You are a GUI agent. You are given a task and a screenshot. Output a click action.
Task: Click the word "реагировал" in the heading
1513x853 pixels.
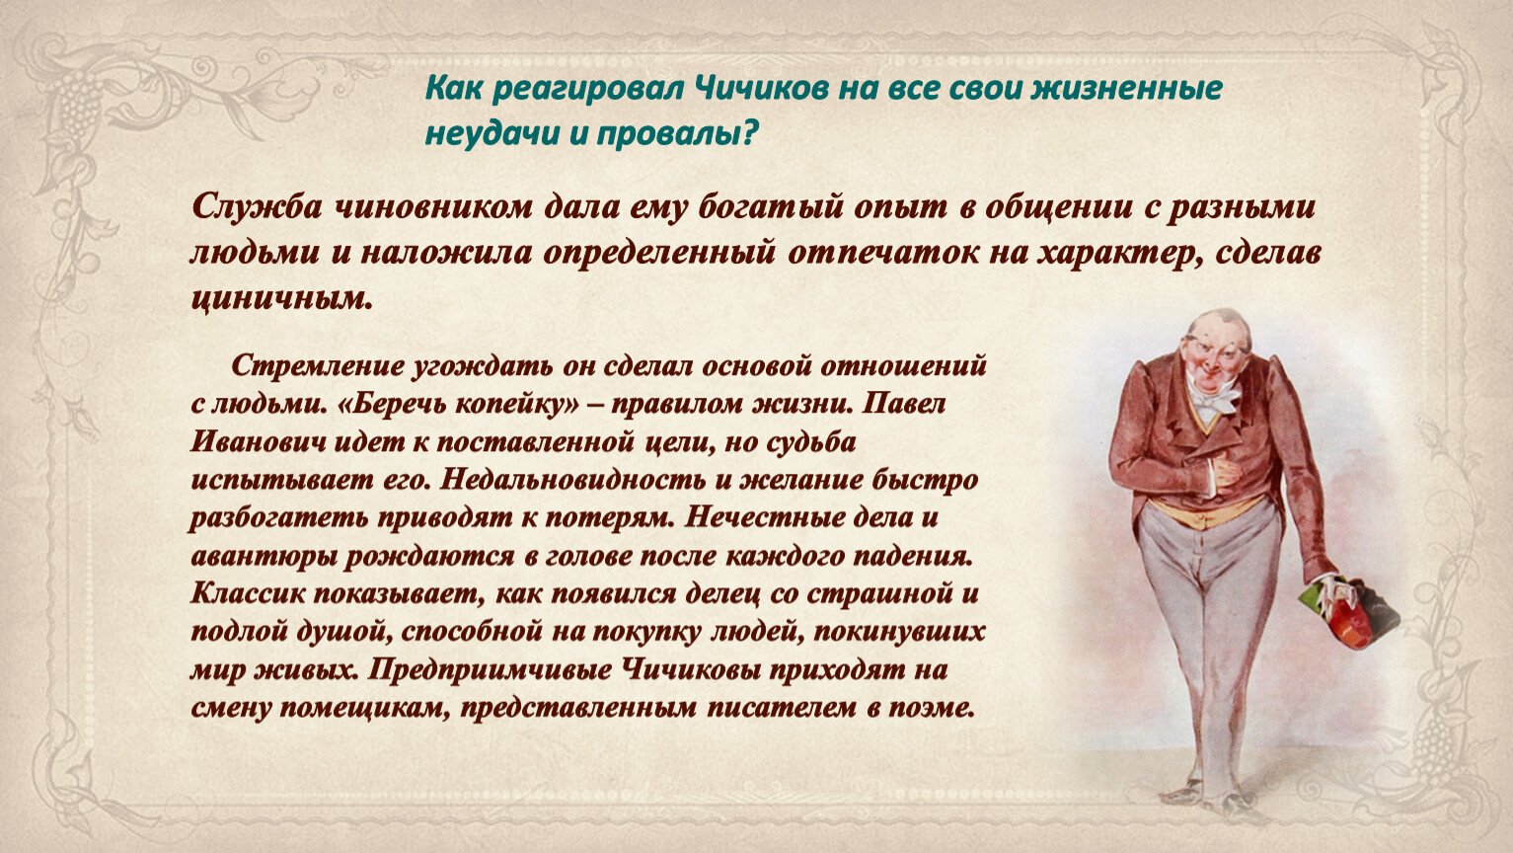pyautogui.click(x=579, y=90)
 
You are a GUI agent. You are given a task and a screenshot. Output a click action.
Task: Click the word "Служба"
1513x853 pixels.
pyautogui.click(x=260, y=206)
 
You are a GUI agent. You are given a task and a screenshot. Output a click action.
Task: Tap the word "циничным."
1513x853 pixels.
pyautogui.click(x=282, y=298)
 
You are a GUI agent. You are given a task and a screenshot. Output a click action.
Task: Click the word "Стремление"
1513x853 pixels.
pyautogui.click(x=317, y=365)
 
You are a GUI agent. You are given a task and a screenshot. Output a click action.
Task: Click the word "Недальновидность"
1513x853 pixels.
pyautogui.click(x=573, y=480)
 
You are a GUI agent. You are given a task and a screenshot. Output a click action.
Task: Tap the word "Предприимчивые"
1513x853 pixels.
pyautogui.click(x=491, y=670)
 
